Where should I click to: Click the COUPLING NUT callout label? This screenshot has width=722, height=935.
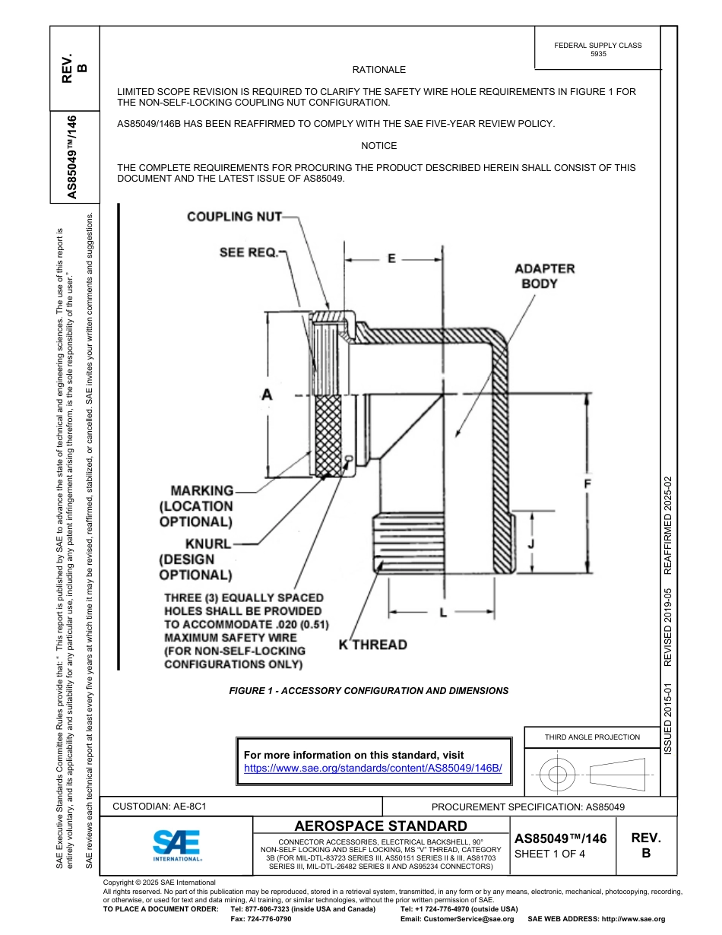[233, 217]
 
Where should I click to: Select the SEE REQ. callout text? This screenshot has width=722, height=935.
[249, 252]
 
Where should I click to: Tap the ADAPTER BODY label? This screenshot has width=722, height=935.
[544, 276]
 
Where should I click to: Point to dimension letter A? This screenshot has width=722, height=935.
[266, 395]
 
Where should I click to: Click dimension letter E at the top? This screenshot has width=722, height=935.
[391, 258]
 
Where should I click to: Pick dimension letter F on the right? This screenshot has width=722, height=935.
[589, 483]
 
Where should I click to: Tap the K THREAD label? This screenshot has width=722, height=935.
[372, 645]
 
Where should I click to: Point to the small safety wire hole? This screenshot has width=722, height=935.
[348, 458]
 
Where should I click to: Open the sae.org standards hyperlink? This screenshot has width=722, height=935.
[372, 768]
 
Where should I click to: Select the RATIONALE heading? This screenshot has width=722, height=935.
[379, 70]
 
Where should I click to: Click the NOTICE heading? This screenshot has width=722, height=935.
[379, 146]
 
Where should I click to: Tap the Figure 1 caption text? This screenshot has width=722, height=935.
[369, 691]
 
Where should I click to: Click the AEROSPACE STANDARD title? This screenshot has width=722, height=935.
[381, 826]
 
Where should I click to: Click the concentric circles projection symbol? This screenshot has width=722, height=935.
[558, 775]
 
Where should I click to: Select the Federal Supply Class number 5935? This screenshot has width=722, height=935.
[598, 55]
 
